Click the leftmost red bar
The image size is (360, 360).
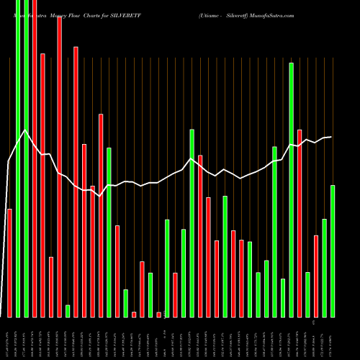click(x=9, y=263)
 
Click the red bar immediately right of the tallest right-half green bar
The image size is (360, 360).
click(x=300, y=223)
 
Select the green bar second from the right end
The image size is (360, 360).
click(x=324, y=267)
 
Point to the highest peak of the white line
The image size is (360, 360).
click(x=26, y=130)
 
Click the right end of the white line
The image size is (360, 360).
click(x=331, y=137)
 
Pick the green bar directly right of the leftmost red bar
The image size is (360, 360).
click(x=17, y=158)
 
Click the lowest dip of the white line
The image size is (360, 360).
click(x=101, y=195)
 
